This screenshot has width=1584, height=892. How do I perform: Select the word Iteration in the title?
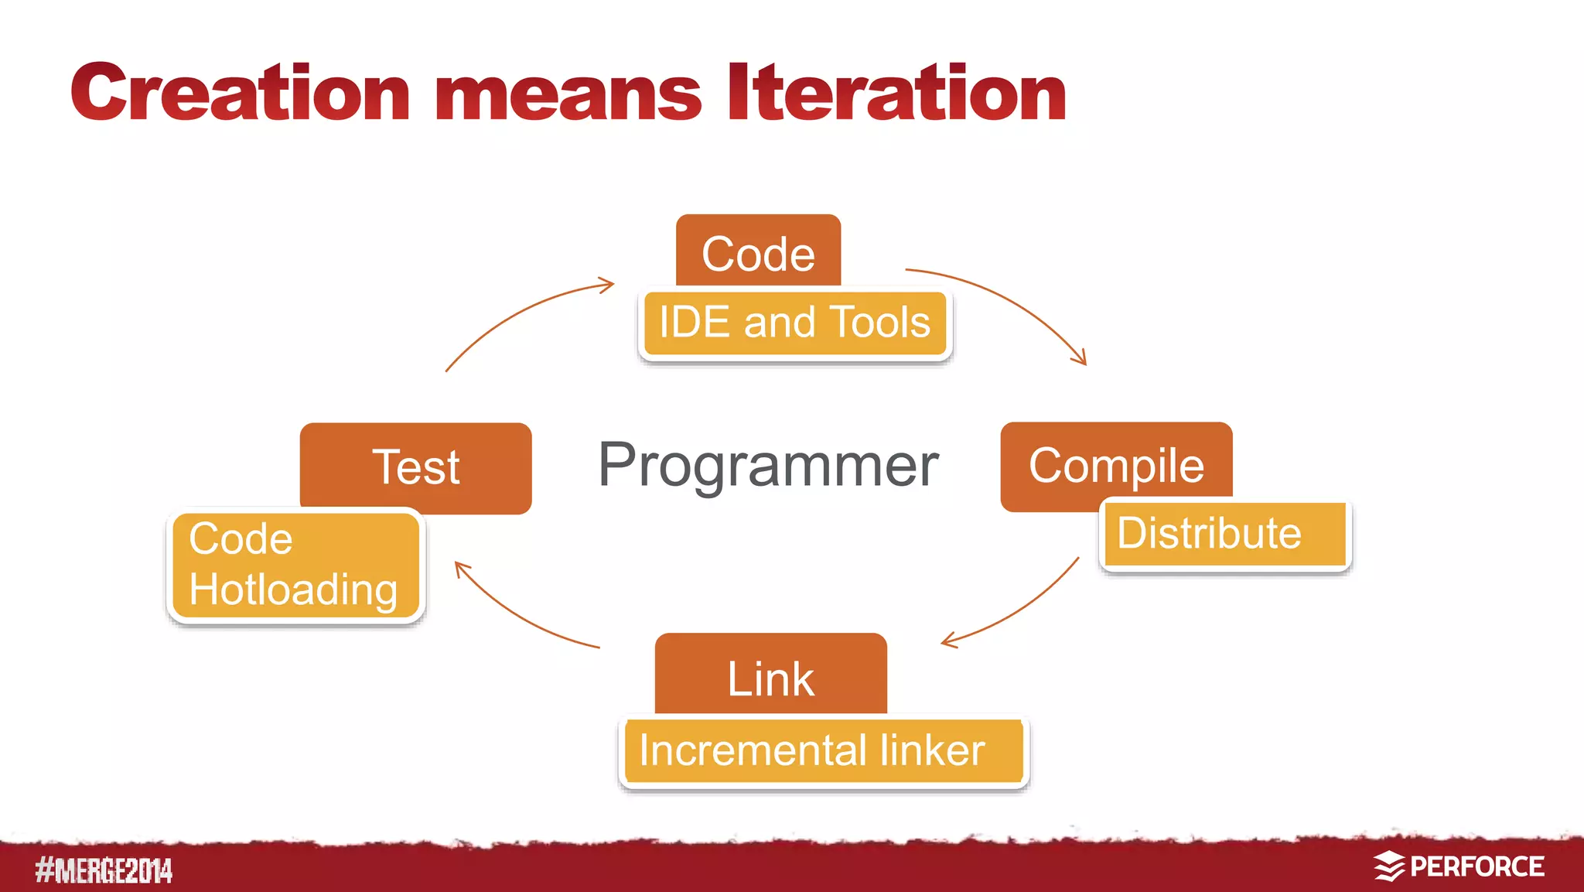[897, 94]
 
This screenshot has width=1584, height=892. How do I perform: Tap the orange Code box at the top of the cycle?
[758, 251]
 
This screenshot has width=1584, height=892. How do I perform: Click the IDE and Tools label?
[794, 323]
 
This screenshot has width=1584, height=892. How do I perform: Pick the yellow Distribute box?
[1224, 534]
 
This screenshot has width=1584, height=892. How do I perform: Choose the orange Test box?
[416, 467]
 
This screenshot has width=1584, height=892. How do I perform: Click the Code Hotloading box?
[295, 565]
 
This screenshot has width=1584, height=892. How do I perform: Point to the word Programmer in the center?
[768, 465]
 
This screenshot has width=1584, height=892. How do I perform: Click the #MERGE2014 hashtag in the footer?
[104, 870]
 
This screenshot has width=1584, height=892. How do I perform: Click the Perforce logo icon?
[1388, 866]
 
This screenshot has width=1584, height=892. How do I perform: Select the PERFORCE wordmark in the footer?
[1476, 866]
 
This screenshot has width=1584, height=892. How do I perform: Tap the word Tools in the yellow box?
[880, 323]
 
